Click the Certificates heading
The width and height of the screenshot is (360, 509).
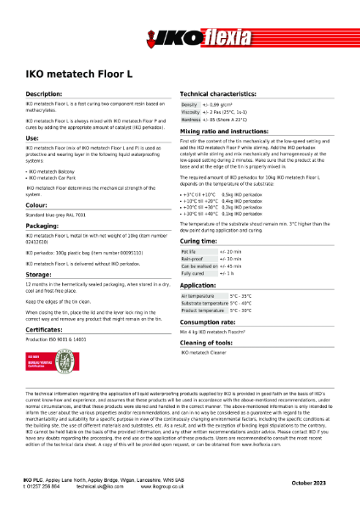pos(47,328)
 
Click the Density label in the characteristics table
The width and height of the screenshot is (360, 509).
pos(190,103)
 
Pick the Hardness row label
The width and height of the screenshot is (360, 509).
pos(191,119)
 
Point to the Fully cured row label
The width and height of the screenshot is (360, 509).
pos(193,273)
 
